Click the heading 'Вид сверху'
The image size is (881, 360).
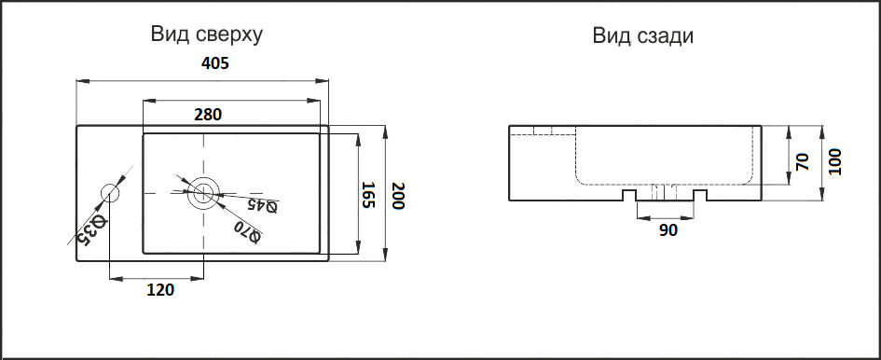point(206,35)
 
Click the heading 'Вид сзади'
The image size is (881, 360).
point(643,35)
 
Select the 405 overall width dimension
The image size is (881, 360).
point(214,64)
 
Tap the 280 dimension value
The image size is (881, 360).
point(207,115)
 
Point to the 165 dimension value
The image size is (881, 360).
point(368,195)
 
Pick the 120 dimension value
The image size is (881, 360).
point(160,290)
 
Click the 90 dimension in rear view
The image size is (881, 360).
point(668,230)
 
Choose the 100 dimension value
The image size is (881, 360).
point(834,162)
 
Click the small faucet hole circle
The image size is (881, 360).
point(111,194)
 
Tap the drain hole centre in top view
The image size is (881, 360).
point(202,194)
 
